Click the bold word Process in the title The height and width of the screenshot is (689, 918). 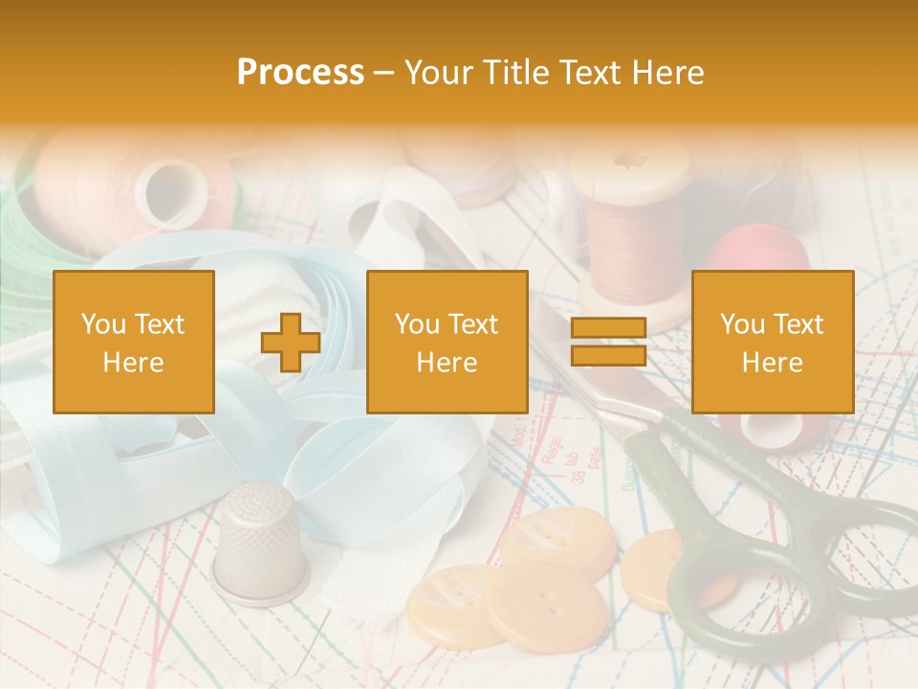[300, 73]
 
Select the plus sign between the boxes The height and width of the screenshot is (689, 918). [291, 343]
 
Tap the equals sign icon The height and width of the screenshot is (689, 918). [608, 343]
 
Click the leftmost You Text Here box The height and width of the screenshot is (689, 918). [134, 343]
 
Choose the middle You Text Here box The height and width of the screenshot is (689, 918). [448, 343]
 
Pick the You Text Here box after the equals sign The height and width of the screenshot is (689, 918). [773, 343]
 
